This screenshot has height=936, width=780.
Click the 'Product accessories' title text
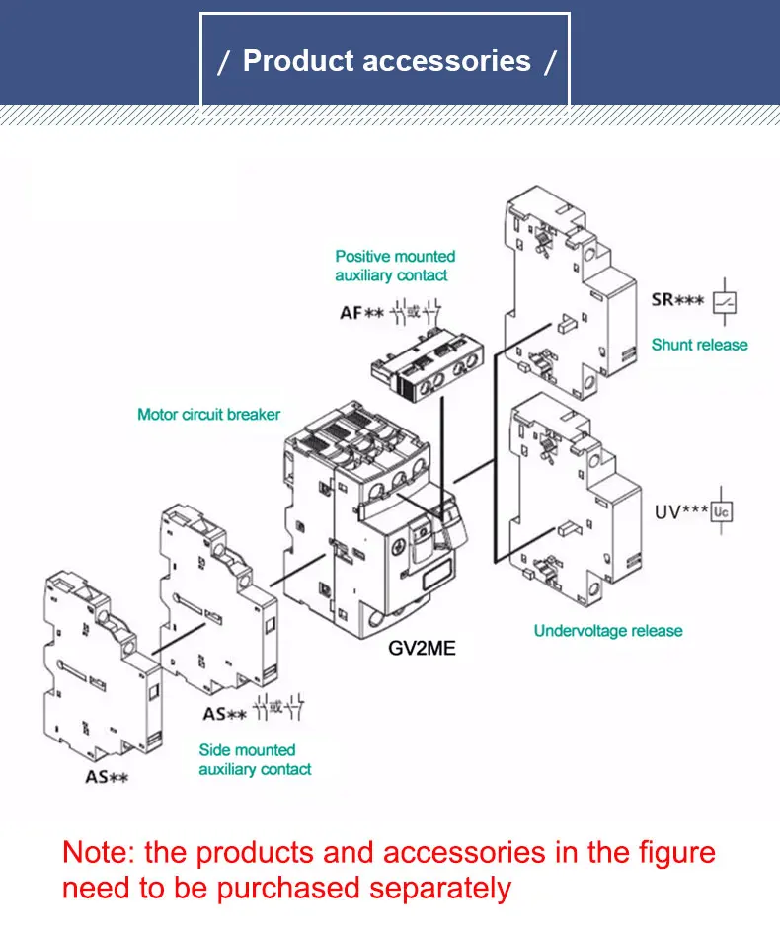pos(386,61)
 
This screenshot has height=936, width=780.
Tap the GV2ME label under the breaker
pos(422,649)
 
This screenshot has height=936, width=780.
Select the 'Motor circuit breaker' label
pos(208,415)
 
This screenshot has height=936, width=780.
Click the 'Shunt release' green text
pos(699,345)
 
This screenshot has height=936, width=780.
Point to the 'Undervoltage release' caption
pos(607,631)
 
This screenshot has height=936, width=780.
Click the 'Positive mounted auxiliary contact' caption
pos(394,266)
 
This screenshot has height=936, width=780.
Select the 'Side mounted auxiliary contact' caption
pos(255,759)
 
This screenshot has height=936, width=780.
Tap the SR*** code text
pos(678,299)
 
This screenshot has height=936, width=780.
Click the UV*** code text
pos(681,512)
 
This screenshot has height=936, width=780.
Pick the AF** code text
pos(360,313)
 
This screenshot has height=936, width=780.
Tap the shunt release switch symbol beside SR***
pos(725,301)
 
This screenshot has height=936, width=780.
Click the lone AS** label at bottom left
pos(107,777)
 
